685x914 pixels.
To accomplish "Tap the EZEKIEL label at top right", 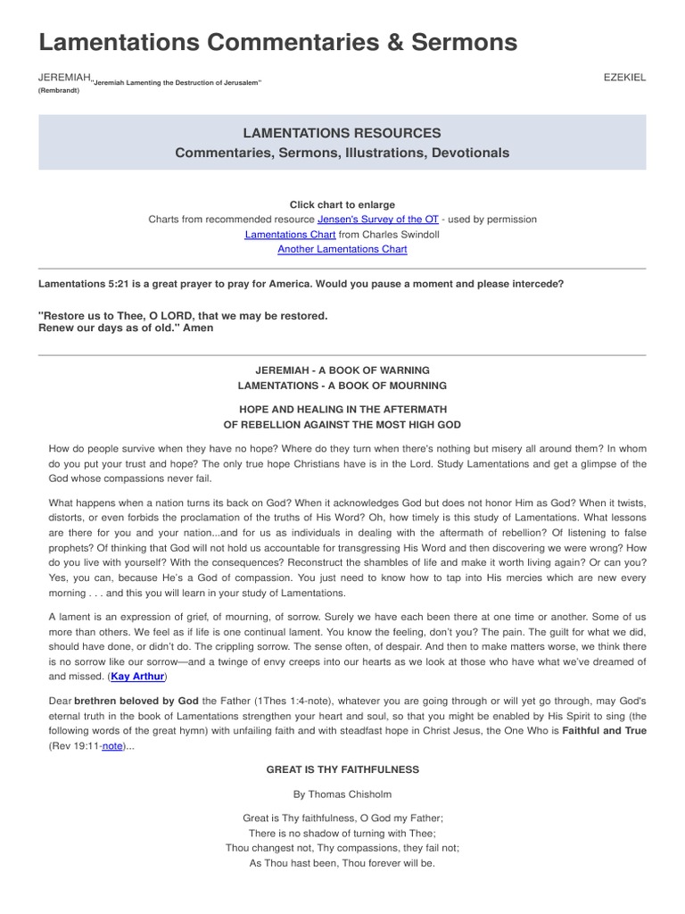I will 624,78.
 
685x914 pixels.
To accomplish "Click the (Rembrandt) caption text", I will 59,90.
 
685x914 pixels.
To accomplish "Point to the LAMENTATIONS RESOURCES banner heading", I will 342,133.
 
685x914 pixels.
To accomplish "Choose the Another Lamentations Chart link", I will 342,249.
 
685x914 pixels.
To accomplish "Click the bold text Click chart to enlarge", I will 342,204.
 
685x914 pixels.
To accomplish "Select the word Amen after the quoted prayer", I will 198,328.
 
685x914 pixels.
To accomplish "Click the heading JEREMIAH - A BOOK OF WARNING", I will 342,370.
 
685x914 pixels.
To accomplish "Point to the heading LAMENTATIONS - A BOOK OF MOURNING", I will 342,386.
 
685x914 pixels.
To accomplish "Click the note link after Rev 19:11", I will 112,745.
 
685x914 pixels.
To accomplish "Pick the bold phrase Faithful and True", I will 604,730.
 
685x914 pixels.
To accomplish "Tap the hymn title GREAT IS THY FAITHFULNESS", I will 342,769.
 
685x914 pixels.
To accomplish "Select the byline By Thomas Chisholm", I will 342,794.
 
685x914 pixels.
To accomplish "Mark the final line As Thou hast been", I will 342,863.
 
